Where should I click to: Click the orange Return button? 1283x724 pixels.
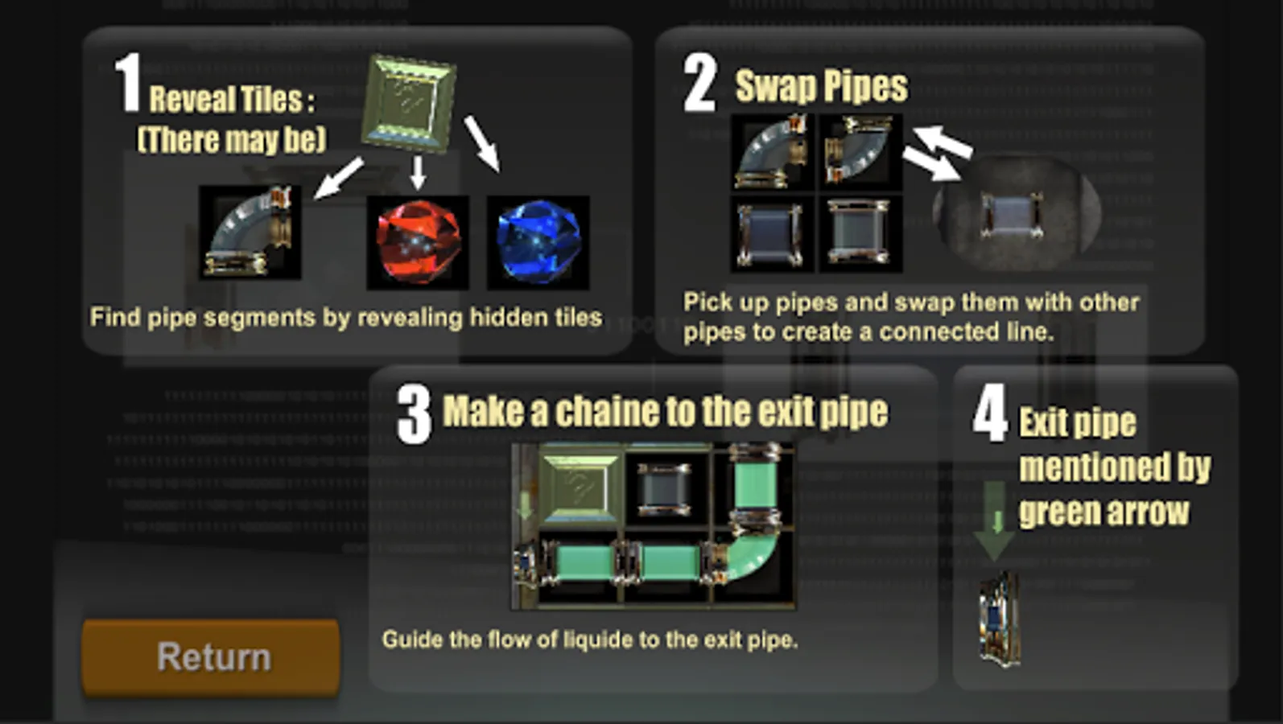[211, 657]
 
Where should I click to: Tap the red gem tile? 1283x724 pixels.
[418, 242]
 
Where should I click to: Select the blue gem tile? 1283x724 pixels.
[538, 242]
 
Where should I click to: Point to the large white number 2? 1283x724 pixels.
[700, 83]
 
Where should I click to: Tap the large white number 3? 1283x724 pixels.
[414, 413]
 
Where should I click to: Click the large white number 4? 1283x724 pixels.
[990, 413]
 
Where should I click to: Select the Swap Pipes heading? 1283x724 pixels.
[821, 86]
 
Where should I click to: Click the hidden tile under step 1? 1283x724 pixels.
[408, 104]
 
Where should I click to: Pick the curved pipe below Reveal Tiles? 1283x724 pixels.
[250, 232]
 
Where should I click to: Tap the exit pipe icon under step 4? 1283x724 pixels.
[1000, 620]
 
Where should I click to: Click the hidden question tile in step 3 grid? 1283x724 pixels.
[580, 488]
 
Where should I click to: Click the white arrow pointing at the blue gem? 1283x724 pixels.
[481, 144]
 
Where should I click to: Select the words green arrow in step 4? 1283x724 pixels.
[1104, 512]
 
